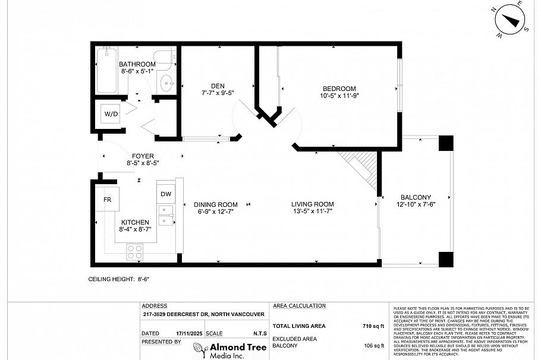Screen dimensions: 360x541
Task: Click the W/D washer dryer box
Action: pos(111,113)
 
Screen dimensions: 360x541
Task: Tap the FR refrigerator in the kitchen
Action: pos(108,200)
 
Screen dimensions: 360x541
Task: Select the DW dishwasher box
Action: pos(166,194)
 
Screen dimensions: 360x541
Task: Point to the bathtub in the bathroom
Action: pos(106,71)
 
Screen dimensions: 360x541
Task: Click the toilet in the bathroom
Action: pos(166,81)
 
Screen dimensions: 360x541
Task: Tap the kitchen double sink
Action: pos(166,214)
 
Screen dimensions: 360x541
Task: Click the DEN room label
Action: pos(210,85)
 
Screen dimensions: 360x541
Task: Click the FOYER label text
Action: pos(143,156)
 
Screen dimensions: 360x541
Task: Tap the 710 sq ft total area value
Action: pos(373,326)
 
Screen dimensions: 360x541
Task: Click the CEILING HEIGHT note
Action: pos(118,278)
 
